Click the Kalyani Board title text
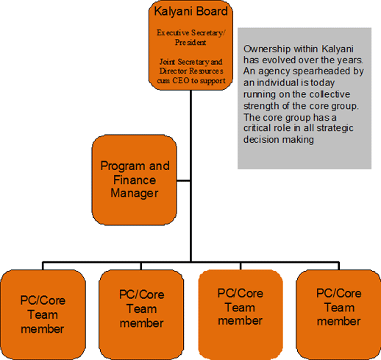(190, 11)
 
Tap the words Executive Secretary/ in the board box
(190, 32)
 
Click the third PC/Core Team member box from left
(240, 314)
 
